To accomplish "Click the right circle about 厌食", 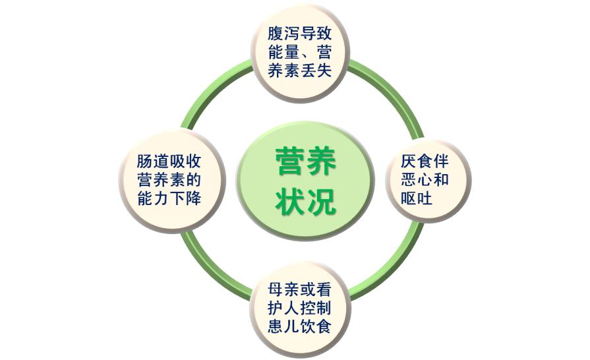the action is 428,180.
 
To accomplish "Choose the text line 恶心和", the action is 425,180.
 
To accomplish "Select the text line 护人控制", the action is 300,309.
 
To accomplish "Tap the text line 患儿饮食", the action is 300,327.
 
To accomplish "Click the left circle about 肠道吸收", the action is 169,180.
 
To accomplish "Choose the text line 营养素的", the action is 169,180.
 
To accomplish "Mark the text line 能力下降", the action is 169,198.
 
